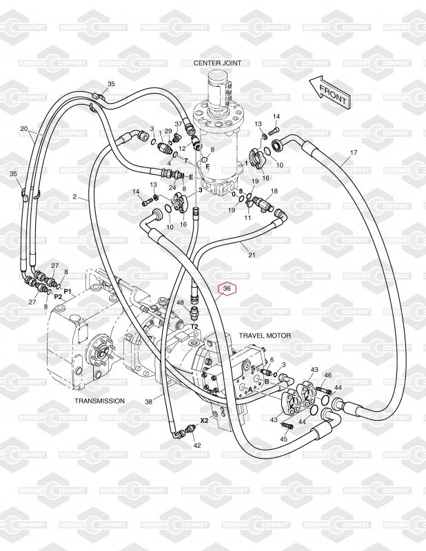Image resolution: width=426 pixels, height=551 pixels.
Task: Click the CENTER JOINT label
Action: (x=219, y=63)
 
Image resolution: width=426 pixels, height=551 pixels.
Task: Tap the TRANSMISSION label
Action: (x=99, y=401)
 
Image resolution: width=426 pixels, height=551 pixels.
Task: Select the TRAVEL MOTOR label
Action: (x=265, y=335)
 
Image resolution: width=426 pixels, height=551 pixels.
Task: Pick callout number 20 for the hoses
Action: (x=23, y=129)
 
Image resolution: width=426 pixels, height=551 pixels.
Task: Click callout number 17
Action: (x=354, y=152)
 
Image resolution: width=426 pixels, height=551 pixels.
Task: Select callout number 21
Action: (x=252, y=256)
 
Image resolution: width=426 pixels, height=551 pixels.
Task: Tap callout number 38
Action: (x=148, y=402)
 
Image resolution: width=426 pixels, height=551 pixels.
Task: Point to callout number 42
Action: (x=197, y=446)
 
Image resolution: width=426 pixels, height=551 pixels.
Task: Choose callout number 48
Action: (x=180, y=302)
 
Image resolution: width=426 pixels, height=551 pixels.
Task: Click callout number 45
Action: (x=283, y=439)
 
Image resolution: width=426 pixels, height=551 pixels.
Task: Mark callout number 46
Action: (x=328, y=375)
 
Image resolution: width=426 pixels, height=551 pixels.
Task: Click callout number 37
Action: (x=178, y=124)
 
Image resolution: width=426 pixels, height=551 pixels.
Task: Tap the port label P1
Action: (x=68, y=292)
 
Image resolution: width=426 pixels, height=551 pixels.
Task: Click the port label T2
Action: (x=194, y=326)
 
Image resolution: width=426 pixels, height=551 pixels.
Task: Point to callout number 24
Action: (x=173, y=187)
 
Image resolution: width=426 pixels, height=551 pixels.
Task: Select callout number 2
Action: (x=74, y=198)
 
